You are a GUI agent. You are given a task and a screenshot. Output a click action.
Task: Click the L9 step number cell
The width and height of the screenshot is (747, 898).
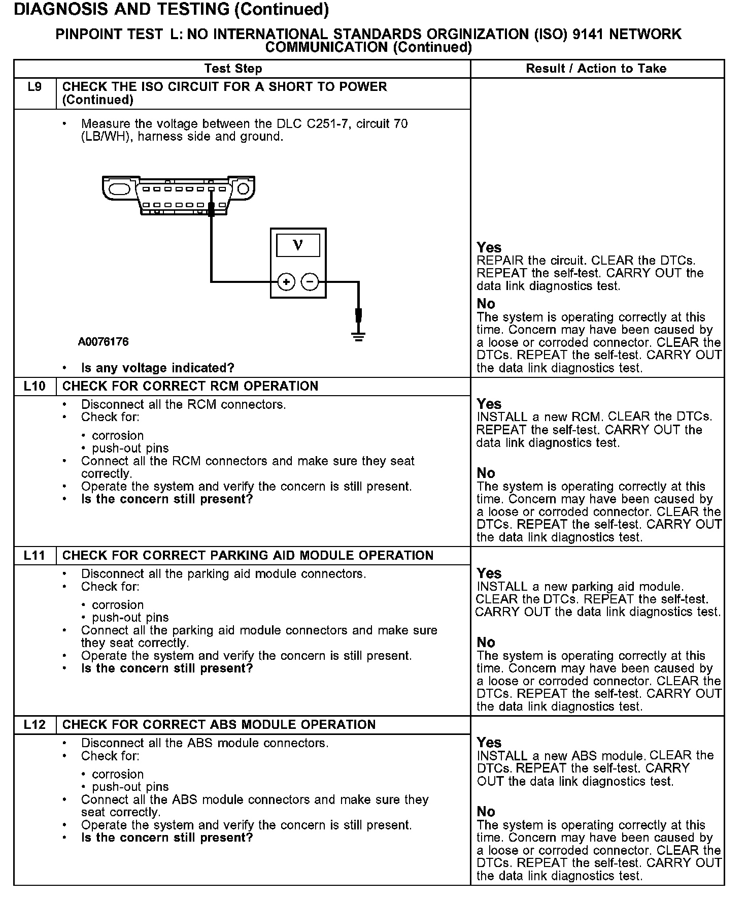[x=35, y=87]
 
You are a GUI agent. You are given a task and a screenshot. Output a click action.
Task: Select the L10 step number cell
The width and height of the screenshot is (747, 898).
[x=35, y=387]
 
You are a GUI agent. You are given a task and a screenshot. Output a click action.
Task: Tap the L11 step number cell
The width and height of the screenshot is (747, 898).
[x=35, y=556]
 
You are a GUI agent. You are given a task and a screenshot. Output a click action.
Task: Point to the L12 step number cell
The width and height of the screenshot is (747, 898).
[x=35, y=725]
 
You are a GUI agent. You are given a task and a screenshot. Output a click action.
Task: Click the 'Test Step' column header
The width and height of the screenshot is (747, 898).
[x=233, y=69]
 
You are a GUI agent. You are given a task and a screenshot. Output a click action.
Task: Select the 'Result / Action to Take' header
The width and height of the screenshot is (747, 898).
[x=596, y=69]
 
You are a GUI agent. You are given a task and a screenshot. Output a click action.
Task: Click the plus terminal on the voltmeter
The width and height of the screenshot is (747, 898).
[x=286, y=281]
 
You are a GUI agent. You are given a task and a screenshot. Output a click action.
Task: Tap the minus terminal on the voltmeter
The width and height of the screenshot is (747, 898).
[x=310, y=281]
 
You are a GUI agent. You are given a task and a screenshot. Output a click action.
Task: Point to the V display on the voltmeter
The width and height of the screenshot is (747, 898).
[x=298, y=245]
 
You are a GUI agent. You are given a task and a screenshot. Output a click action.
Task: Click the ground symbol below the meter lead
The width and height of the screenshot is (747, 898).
[x=359, y=336]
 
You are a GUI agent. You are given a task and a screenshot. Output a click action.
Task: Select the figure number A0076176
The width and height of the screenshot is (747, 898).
[x=103, y=342]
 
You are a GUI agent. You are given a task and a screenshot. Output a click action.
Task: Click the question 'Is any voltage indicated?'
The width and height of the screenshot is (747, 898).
[x=158, y=368]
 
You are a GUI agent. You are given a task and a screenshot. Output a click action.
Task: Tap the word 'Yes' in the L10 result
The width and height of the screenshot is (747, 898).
[x=489, y=404]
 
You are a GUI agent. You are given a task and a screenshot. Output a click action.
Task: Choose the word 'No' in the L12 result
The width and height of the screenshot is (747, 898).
[x=486, y=812]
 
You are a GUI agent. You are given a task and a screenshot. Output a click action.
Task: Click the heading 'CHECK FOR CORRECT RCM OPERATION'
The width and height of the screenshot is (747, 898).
[x=190, y=387]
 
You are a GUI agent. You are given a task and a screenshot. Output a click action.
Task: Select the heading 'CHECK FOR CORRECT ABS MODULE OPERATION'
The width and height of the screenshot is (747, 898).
[x=219, y=725]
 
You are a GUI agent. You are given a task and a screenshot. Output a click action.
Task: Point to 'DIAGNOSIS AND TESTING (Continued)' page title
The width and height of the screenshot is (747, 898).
[x=172, y=10]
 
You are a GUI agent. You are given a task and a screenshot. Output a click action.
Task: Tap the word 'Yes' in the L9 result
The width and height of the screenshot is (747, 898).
[x=489, y=248]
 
